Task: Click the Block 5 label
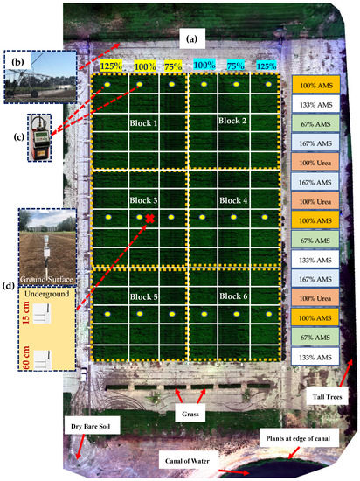(x=141, y=296)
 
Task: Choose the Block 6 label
(x=232, y=296)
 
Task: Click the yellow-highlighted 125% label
(x=110, y=66)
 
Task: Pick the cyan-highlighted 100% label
(x=204, y=66)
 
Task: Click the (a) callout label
(x=190, y=38)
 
